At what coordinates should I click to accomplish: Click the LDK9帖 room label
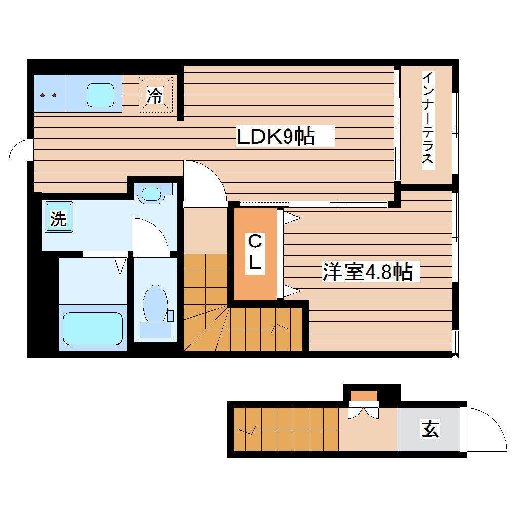(x=276, y=137)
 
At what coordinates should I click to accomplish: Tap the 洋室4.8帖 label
(x=367, y=272)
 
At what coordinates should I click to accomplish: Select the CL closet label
(x=255, y=253)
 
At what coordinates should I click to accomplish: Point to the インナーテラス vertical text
(x=428, y=119)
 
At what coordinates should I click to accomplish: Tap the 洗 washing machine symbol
(x=59, y=218)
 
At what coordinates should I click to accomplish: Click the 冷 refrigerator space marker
(x=155, y=95)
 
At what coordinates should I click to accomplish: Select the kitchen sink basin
(x=100, y=95)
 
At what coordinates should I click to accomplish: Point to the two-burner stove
(x=49, y=95)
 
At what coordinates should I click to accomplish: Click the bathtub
(x=93, y=328)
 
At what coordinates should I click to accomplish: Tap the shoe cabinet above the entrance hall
(x=364, y=395)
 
